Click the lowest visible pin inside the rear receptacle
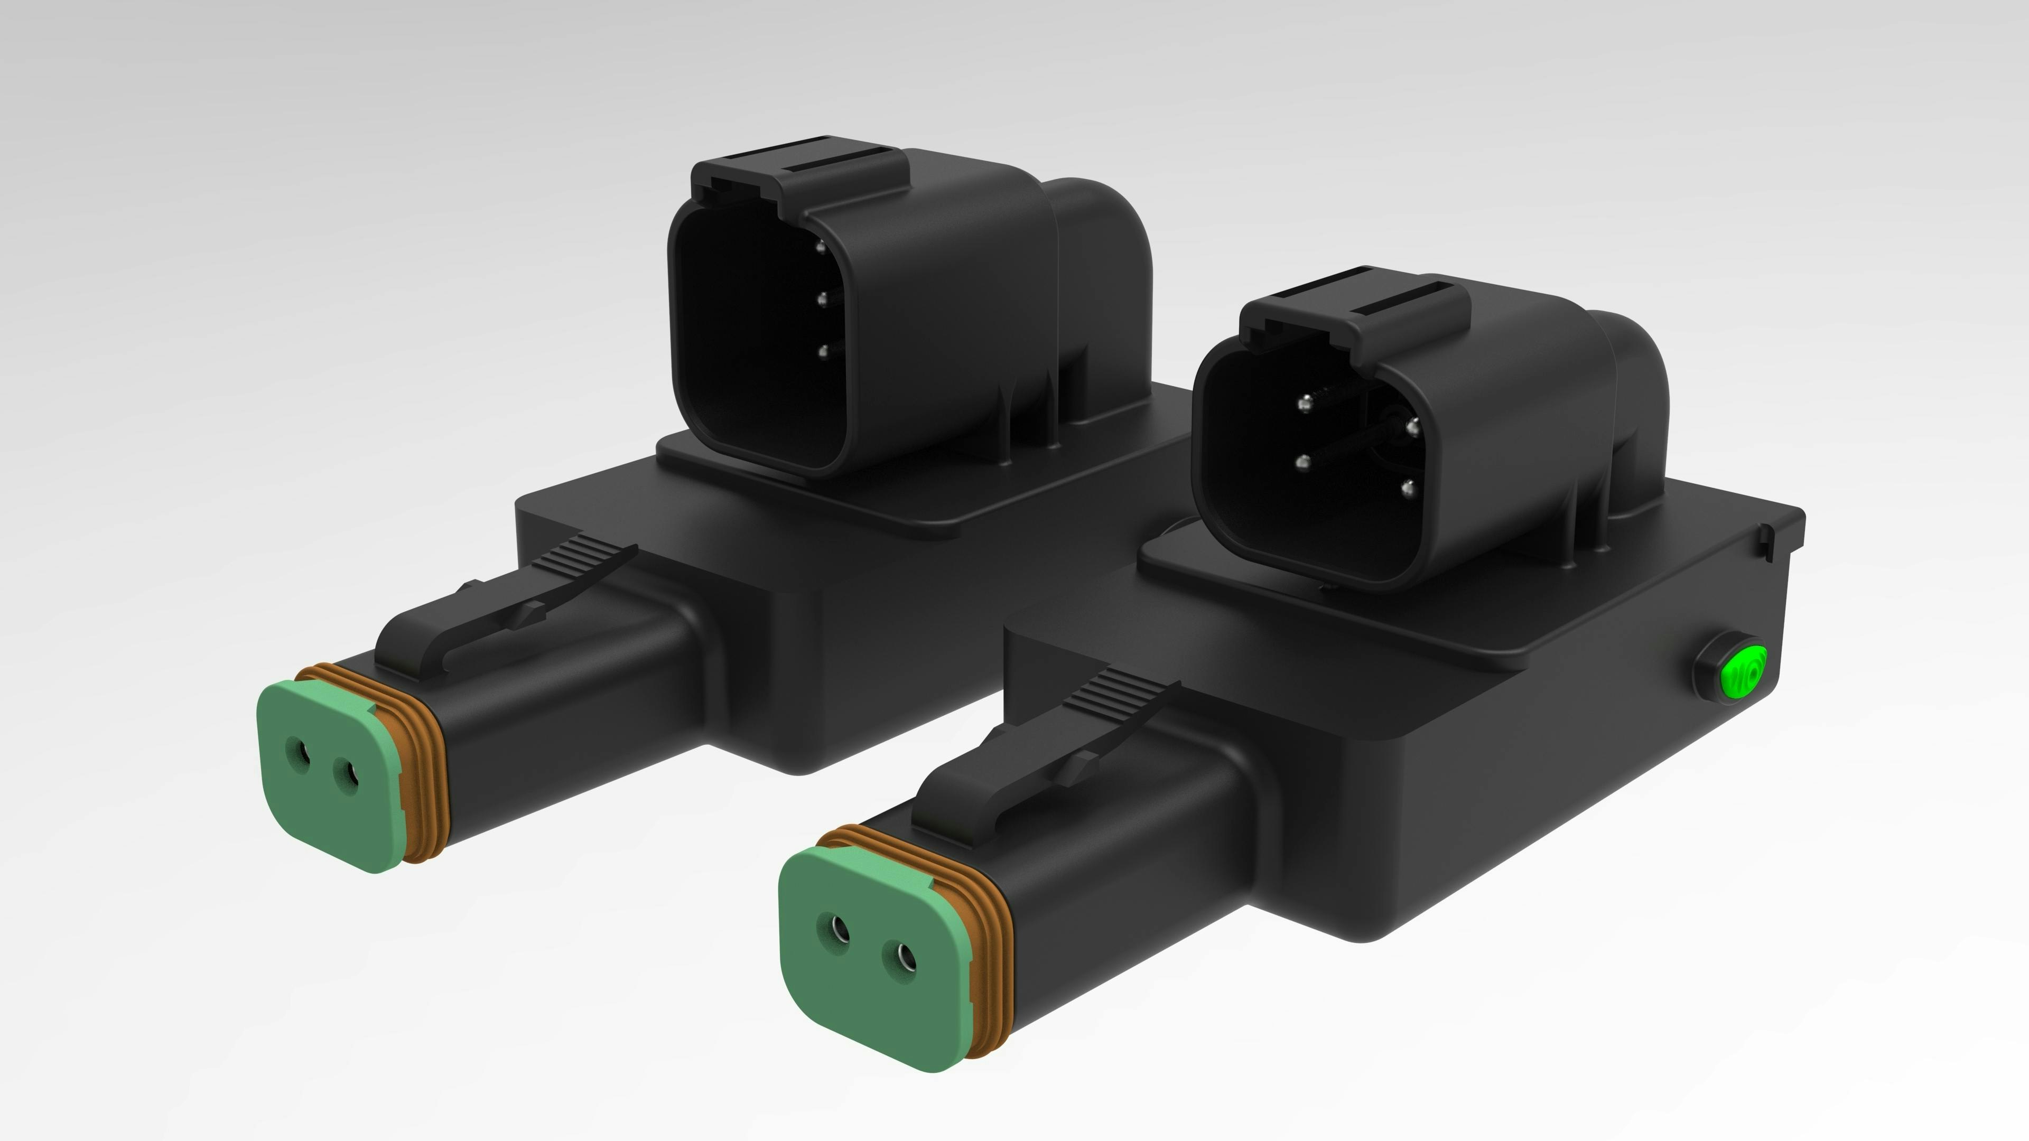pyautogui.click(x=824, y=352)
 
